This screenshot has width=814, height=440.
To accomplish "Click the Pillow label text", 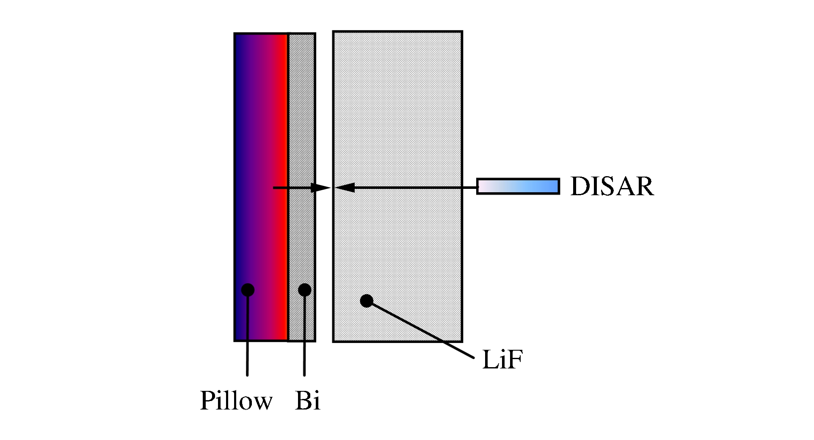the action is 236,400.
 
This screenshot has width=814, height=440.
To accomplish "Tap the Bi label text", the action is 307,400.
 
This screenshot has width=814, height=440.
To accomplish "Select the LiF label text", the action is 500,361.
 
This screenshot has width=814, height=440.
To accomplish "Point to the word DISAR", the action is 612,186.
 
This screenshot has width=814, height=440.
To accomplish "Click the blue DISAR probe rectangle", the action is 518,186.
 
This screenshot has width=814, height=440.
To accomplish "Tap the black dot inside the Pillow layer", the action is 248,290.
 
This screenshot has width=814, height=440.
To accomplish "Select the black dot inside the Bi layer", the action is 304,290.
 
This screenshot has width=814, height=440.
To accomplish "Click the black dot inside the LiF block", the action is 367,301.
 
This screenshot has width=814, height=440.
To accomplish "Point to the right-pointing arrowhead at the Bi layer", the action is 320,187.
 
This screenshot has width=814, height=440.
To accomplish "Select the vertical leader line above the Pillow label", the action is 247,333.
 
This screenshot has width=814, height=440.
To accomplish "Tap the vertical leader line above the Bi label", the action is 304,333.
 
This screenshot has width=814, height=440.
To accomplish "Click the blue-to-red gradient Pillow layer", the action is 261,187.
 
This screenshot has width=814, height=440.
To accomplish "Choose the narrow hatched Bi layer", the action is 302,187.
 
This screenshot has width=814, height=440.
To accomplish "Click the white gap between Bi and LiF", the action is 324,127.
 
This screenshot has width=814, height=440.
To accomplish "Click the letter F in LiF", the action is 511,361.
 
